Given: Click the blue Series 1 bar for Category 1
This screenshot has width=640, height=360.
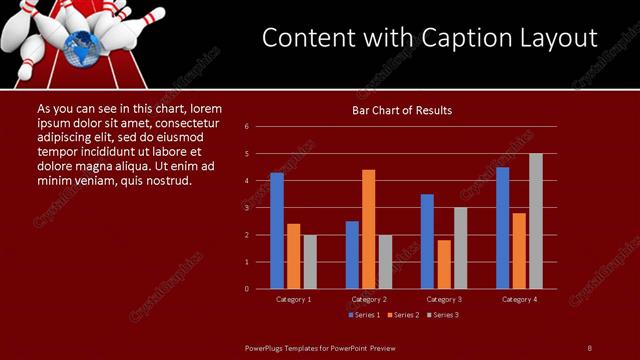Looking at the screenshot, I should (x=277, y=231).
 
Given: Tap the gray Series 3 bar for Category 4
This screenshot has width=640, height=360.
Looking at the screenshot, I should (x=536, y=221).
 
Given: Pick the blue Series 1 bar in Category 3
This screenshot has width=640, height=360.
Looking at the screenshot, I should (x=427, y=241).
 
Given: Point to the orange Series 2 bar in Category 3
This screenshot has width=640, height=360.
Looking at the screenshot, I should (x=444, y=264).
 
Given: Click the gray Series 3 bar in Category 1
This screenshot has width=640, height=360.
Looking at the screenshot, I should (x=310, y=262).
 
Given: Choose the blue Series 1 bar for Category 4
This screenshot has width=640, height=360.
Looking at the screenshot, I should (x=503, y=228).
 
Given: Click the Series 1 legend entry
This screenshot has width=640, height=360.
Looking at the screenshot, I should (x=363, y=315).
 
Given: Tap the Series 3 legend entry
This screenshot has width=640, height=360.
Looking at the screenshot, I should (x=442, y=315).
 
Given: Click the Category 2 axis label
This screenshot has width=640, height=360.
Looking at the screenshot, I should (x=369, y=300).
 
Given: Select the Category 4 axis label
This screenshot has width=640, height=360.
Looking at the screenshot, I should (x=519, y=300).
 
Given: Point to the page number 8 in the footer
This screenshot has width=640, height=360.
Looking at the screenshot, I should (x=589, y=347).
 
